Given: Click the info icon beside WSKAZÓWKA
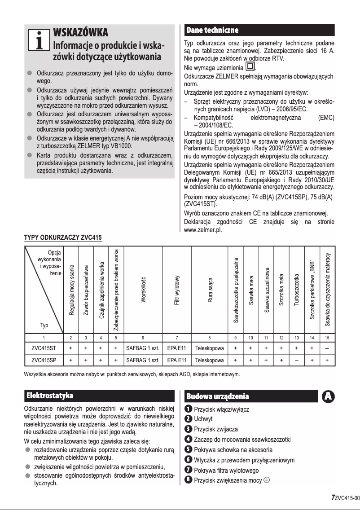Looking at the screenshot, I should (x=38, y=40).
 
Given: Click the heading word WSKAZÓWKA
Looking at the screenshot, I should (x=80, y=33).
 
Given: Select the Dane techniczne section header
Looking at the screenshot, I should (x=212, y=30).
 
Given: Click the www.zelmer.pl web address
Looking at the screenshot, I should (x=203, y=230).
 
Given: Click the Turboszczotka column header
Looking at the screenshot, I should (x=296, y=290).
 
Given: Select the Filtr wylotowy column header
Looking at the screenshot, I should (x=177, y=290).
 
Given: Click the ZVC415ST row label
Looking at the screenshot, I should (x=44, y=347).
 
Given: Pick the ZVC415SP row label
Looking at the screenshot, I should (x=44, y=360).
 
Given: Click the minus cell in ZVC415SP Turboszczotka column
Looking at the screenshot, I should (x=296, y=360).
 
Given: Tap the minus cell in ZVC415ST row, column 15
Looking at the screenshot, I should (x=327, y=347).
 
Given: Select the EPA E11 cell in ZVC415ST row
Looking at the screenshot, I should (x=177, y=347).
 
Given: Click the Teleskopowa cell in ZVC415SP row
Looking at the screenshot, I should (x=210, y=360).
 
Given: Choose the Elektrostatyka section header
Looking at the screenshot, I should (x=50, y=396).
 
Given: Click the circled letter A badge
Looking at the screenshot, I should (x=329, y=396).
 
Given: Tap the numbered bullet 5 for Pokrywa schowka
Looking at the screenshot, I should (x=189, y=449).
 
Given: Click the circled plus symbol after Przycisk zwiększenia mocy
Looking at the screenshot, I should (x=267, y=480).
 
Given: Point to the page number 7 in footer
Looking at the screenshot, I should (x=333, y=497).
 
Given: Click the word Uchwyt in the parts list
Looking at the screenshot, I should (x=203, y=419).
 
